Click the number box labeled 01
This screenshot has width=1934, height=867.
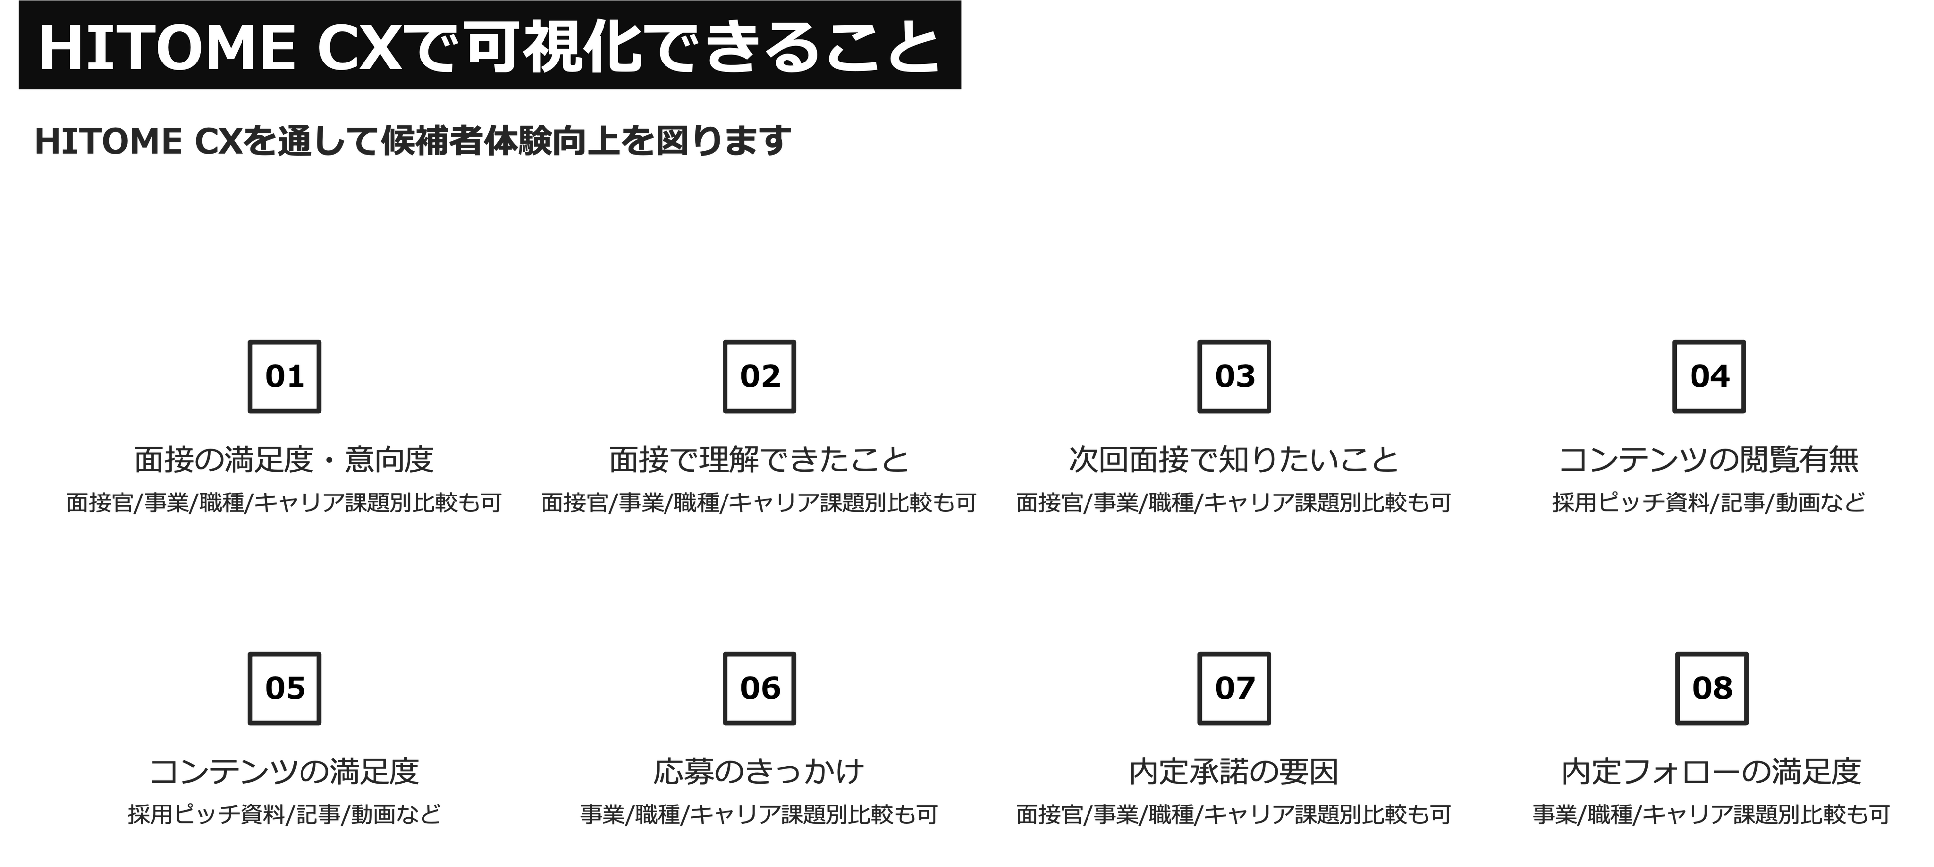click(285, 376)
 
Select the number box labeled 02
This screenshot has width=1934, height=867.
click(760, 376)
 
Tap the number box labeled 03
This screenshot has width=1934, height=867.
click(1234, 376)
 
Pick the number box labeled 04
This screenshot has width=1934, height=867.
click(1709, 376)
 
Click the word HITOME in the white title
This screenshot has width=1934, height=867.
click(166, 49)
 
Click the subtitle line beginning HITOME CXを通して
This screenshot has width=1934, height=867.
click(413, 141)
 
